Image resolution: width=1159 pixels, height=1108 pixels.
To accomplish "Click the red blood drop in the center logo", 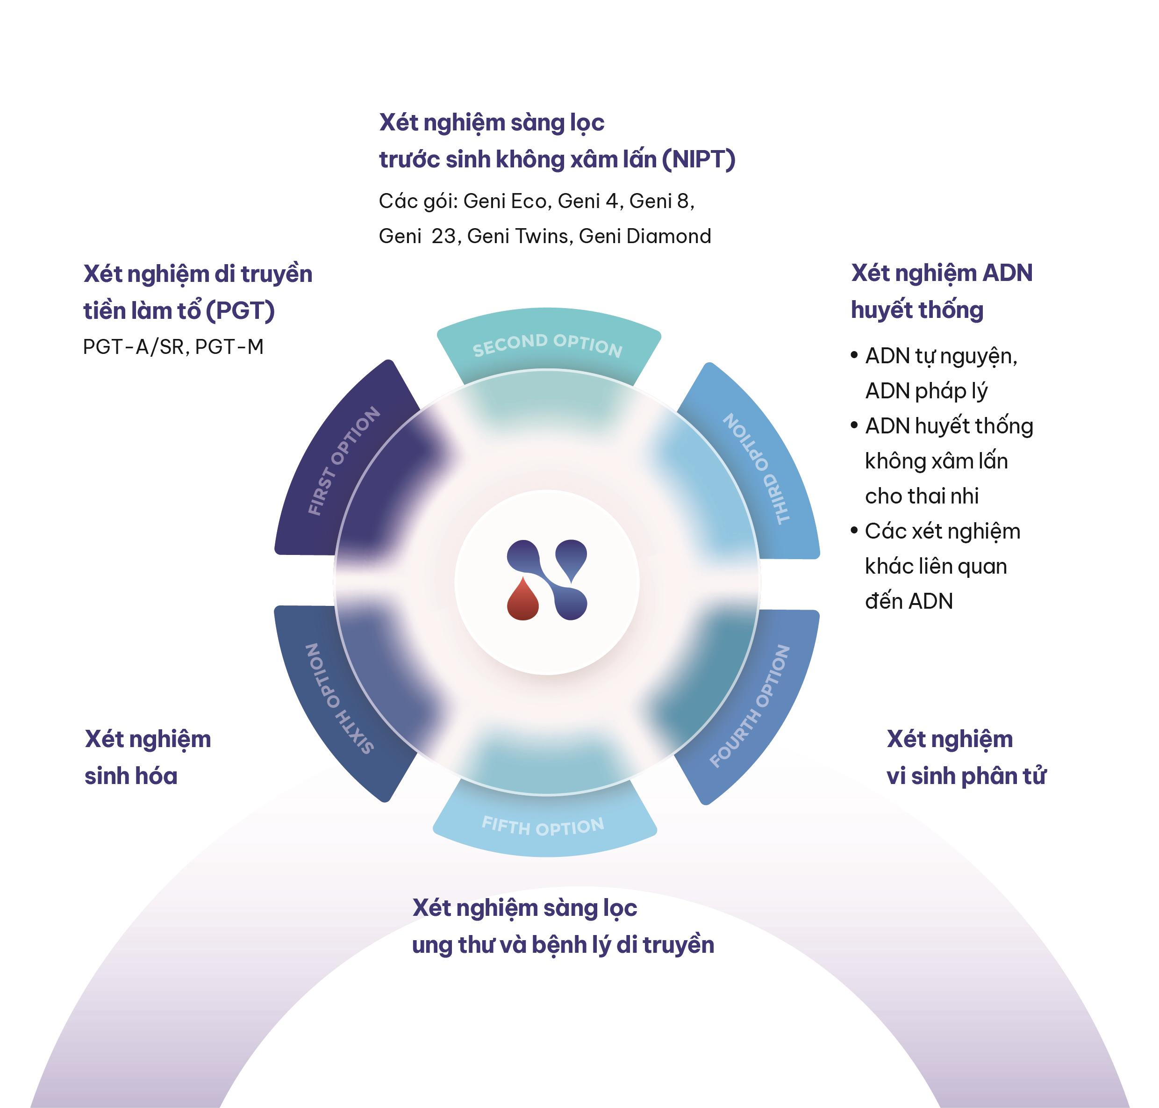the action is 522,599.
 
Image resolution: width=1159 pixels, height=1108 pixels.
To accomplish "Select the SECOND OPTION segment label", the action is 547,345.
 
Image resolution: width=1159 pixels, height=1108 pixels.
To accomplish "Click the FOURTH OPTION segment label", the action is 749,706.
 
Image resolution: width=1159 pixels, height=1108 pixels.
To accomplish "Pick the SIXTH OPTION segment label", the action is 338,699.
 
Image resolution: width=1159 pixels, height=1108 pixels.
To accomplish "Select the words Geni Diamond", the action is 645,236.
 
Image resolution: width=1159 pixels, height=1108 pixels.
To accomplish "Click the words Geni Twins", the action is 518,236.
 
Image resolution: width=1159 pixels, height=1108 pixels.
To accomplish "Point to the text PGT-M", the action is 229,347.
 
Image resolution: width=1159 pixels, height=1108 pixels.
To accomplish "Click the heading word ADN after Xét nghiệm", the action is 1007,273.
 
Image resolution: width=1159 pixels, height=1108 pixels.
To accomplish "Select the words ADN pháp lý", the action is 926,391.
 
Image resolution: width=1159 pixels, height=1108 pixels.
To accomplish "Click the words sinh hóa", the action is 130,776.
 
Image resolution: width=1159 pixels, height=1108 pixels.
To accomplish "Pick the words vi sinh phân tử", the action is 966,776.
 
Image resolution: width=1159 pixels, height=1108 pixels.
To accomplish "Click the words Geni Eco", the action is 505,201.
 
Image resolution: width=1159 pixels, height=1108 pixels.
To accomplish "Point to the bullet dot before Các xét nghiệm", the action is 854,530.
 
